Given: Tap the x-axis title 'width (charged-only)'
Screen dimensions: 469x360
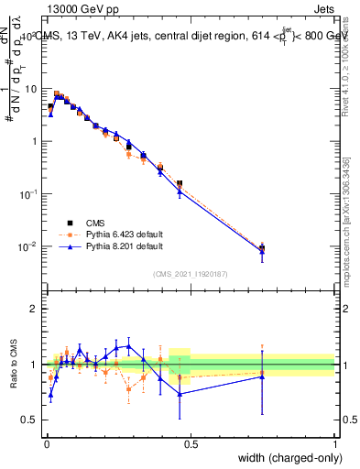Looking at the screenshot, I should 286,459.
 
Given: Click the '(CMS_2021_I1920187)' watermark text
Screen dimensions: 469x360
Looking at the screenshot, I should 190,272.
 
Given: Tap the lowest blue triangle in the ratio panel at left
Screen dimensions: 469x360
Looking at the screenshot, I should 50,395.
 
